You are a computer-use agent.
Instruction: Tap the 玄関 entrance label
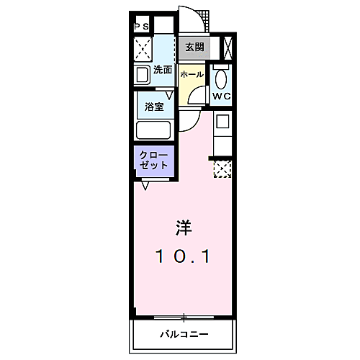[x=194, y=48]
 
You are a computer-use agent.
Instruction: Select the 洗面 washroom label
[x=163, y=71]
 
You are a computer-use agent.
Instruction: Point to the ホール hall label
[x=192, y=75]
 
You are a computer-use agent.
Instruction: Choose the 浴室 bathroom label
[x=154, y=107]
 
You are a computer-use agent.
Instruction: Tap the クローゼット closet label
[x=154, y=160]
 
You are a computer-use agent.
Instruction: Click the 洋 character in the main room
[x=184, y=228]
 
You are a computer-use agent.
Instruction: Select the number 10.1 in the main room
[x=184, y=256]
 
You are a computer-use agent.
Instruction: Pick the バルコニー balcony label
[x=184, y=334]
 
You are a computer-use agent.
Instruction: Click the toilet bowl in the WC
[x=221, y=76]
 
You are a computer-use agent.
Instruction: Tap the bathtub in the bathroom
[x=153, y=131]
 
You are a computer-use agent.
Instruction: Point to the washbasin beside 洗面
[x=141, y=74]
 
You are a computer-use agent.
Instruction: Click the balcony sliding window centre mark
[x=184, y=317]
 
